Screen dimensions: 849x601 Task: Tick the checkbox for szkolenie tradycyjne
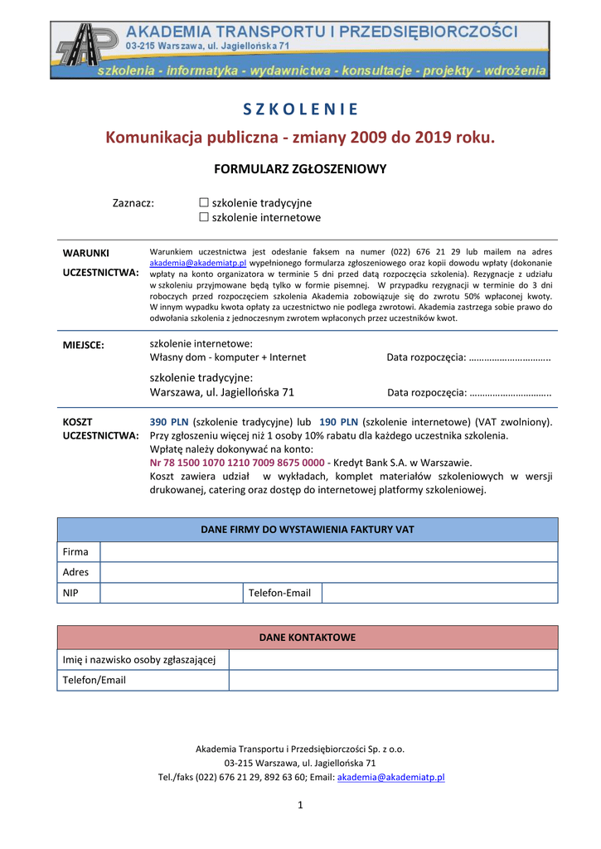click(x=204, y=203)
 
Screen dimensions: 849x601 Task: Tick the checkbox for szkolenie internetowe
click(x=204, y=218)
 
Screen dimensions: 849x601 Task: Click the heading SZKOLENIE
click(x=301, y=109)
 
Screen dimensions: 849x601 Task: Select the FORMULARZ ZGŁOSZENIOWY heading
click(x=300, y=169)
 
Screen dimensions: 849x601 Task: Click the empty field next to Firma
click(x=328, y=552)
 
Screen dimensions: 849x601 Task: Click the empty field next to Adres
click(x=328, y=572)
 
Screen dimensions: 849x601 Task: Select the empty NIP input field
click(x=172, y=593)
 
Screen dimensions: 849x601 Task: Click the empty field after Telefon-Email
click(x=439, y=593)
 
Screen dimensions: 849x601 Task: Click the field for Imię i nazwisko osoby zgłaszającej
click(x=393, y=660)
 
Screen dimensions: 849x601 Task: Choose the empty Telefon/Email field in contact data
click(x=393, y=680)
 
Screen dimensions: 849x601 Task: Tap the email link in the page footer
click(x=391, y=778)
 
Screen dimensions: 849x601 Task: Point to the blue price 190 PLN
click(x=338, y=422)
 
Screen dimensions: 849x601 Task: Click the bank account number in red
click(x=237, y=463)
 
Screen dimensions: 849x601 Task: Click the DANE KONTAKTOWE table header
click(x=308, y=638)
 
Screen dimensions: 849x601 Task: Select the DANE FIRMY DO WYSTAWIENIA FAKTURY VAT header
click(x=308, y=530)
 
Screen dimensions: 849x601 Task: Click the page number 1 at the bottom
click(x=301, y=806)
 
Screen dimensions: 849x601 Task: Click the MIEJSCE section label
click(x=84, y=346)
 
